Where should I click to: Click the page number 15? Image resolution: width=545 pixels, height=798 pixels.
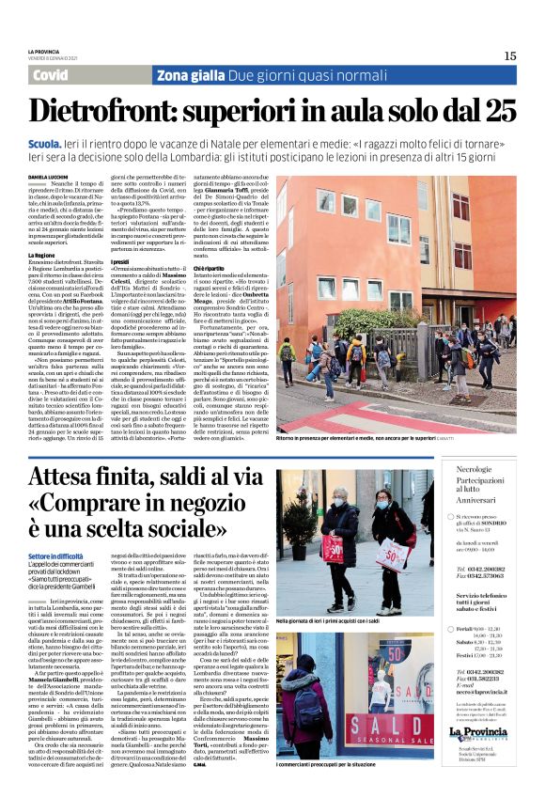click(509, 55)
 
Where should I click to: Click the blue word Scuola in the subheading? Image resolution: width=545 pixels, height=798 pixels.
click(46, 142)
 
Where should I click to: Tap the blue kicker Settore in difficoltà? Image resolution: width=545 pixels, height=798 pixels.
click(60, 556)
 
